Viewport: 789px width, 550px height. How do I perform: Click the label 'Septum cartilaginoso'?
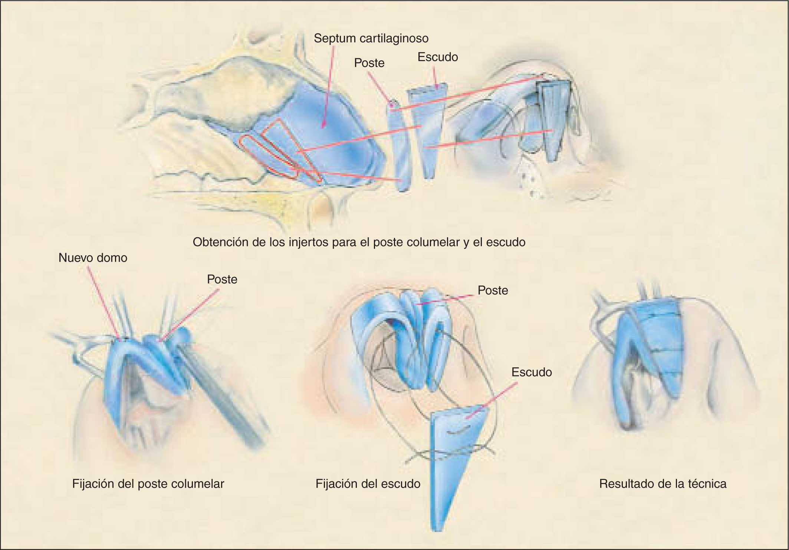tap(371, 38)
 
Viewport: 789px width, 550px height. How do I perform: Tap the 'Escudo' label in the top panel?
tap(438, 57)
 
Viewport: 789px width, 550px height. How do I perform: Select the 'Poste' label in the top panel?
tap(369, 63)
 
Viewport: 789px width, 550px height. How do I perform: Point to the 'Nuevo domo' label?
tap(93, 258)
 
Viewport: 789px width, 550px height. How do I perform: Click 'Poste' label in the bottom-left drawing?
tap(222, 279)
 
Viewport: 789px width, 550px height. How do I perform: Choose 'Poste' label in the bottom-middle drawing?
tap(493, 290)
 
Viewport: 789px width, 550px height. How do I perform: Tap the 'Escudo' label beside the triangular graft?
tap(532, 372)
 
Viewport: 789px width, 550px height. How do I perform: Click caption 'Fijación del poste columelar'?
tap(148, 484)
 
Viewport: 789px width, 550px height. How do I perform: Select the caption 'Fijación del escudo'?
tap(368, 484)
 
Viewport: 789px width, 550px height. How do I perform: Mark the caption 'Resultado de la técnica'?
tap(663, 484)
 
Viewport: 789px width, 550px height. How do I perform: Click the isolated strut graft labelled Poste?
tap(400, 148)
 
